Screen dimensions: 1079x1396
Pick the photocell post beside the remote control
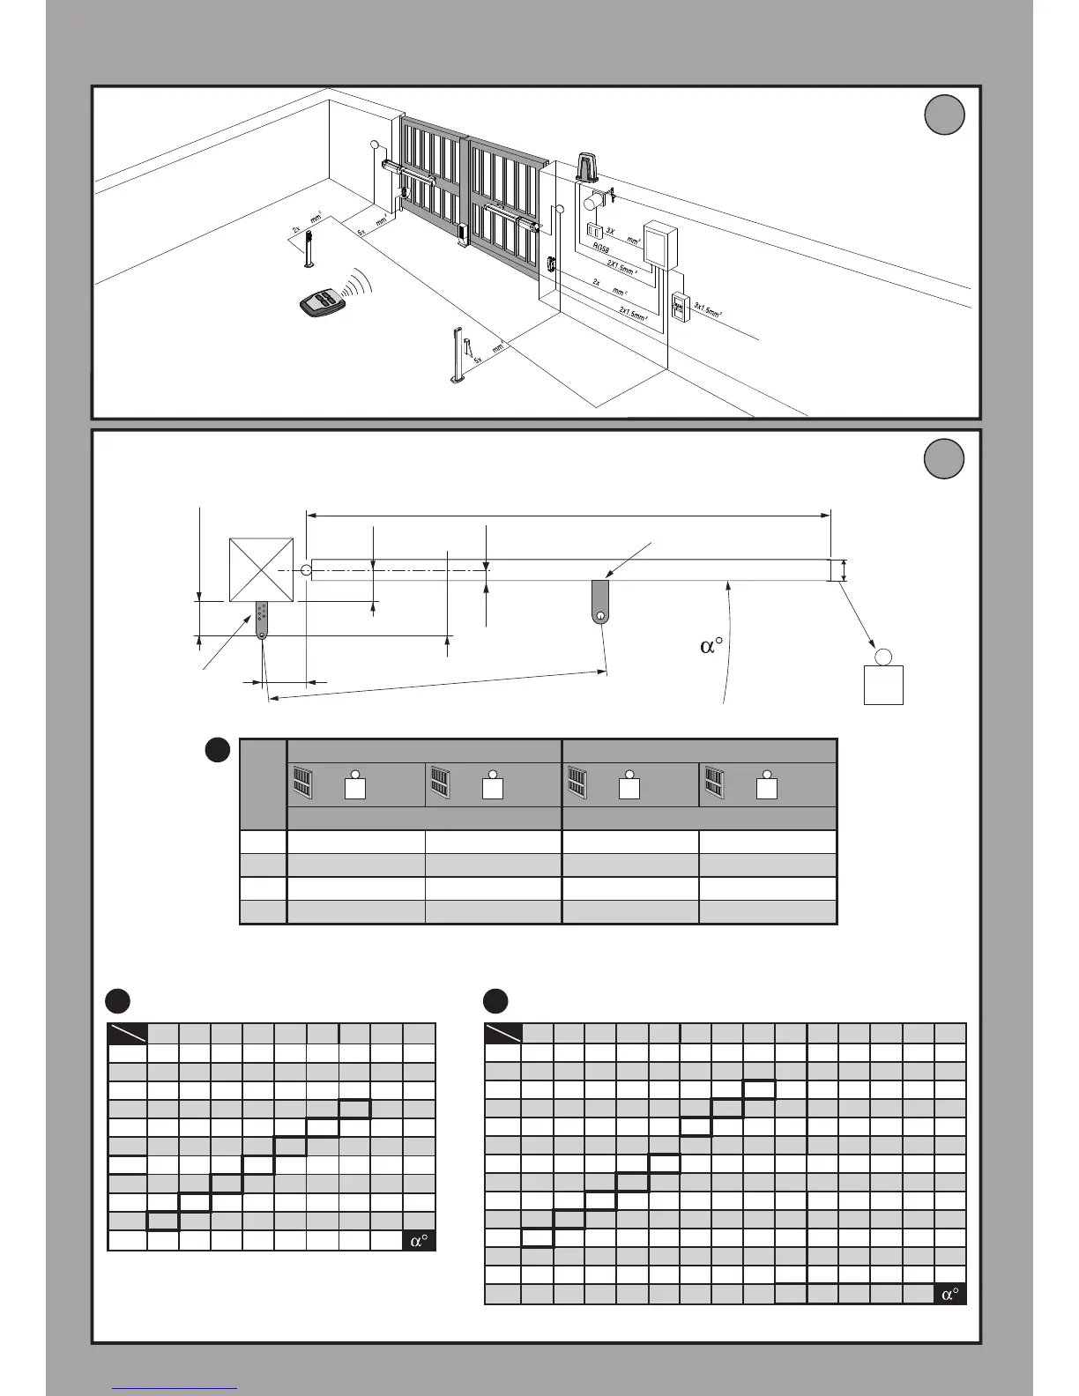tap(309, 249)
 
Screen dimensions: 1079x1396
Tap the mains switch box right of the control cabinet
tap(678, 306)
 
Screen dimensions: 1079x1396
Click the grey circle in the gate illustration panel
tap(944, 115)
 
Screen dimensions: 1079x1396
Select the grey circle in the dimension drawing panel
tap(944, 459)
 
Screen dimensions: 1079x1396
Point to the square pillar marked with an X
tap(261, 569)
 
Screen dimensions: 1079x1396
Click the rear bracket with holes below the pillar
tap(262, 620)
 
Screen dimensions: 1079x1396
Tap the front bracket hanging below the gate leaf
tap(600, 602)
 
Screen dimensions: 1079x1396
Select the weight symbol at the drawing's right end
tap(883, 679)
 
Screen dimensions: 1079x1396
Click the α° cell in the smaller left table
tap(420, 1240)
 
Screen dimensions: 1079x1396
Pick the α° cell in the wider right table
tap(950, 1294)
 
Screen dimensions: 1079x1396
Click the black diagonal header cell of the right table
tap(503, 1033)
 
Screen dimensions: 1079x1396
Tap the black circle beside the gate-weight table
tap(218, 750)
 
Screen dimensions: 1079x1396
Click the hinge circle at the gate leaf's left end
tap(306, 570)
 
